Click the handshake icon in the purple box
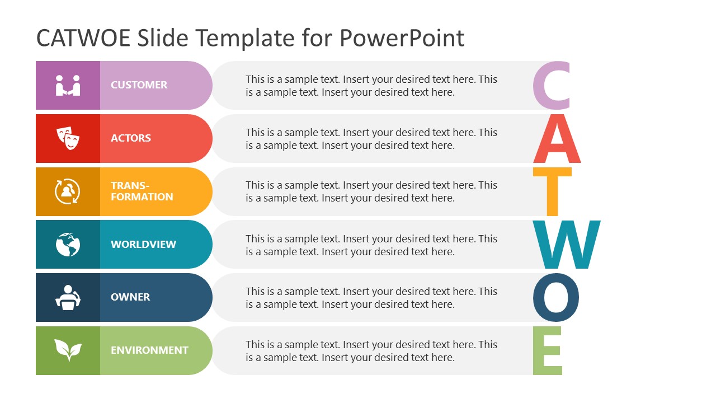point(68,85)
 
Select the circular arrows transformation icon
point(68,191)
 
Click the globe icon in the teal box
point(68,245)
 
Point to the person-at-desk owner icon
point(68,297)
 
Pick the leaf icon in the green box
point(68,350)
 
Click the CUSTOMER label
point(139,85)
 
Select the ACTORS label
point(131,138)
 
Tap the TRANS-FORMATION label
point(142,191)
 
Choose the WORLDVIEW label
point(143,245)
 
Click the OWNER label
point(130,297)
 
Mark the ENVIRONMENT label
point(149,350)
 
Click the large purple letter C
point(552,86)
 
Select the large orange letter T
point(552,191)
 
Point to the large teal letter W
point(566,245)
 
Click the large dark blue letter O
point(555,297)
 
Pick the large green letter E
point(548,351)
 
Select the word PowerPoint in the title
point(402,38)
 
